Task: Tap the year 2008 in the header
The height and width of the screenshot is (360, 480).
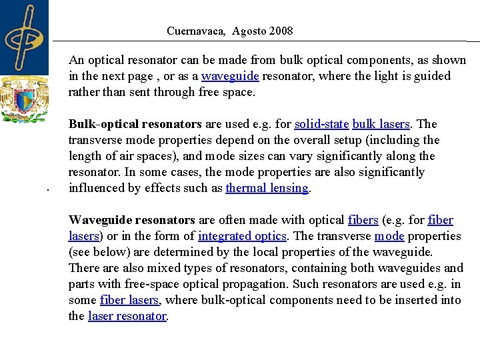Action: point(279,31)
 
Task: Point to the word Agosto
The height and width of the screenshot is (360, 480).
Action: point(249,31)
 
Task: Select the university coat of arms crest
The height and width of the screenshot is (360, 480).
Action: point(25,99)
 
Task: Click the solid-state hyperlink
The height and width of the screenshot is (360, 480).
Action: point(321,124)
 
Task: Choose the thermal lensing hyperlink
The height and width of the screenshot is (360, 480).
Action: point(267,188)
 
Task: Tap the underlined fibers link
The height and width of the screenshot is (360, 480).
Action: point(363,220)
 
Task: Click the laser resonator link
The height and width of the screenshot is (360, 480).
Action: point(127,316)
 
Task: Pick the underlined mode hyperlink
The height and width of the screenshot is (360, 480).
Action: point(389,236)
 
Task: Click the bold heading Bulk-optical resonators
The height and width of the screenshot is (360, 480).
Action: point(135,124)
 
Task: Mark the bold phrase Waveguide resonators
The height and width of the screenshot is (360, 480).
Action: point(131,220)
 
